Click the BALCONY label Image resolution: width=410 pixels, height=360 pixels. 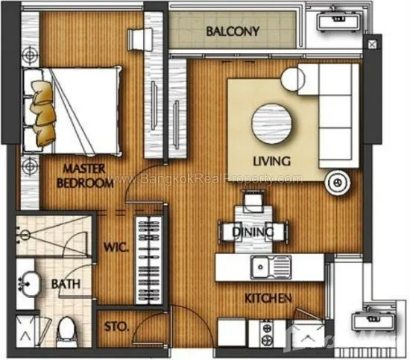233,31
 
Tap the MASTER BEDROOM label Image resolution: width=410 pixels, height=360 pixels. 85,176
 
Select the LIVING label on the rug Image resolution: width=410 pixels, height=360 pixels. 271,161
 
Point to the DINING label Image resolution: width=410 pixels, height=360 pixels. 253,232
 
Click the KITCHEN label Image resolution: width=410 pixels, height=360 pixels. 268,298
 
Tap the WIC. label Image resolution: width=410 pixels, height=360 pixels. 116,247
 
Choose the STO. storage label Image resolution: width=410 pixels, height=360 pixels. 116,326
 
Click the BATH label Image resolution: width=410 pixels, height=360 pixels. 66,284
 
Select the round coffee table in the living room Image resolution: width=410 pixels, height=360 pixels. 271,124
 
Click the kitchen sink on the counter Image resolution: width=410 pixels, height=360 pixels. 271,267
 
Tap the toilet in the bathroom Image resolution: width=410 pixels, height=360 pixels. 66,331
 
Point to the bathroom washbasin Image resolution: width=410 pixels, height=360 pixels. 29,284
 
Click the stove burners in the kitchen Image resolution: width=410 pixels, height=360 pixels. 267,333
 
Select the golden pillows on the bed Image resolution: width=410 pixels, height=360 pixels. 43,113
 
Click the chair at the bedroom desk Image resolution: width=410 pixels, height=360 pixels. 139,40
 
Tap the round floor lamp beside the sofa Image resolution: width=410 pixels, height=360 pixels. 337,183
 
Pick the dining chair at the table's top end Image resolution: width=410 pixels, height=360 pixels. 253,201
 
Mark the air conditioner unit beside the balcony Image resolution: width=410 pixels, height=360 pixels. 338,20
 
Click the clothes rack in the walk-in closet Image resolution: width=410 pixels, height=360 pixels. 148,260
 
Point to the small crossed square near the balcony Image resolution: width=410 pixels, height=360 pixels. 372,45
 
